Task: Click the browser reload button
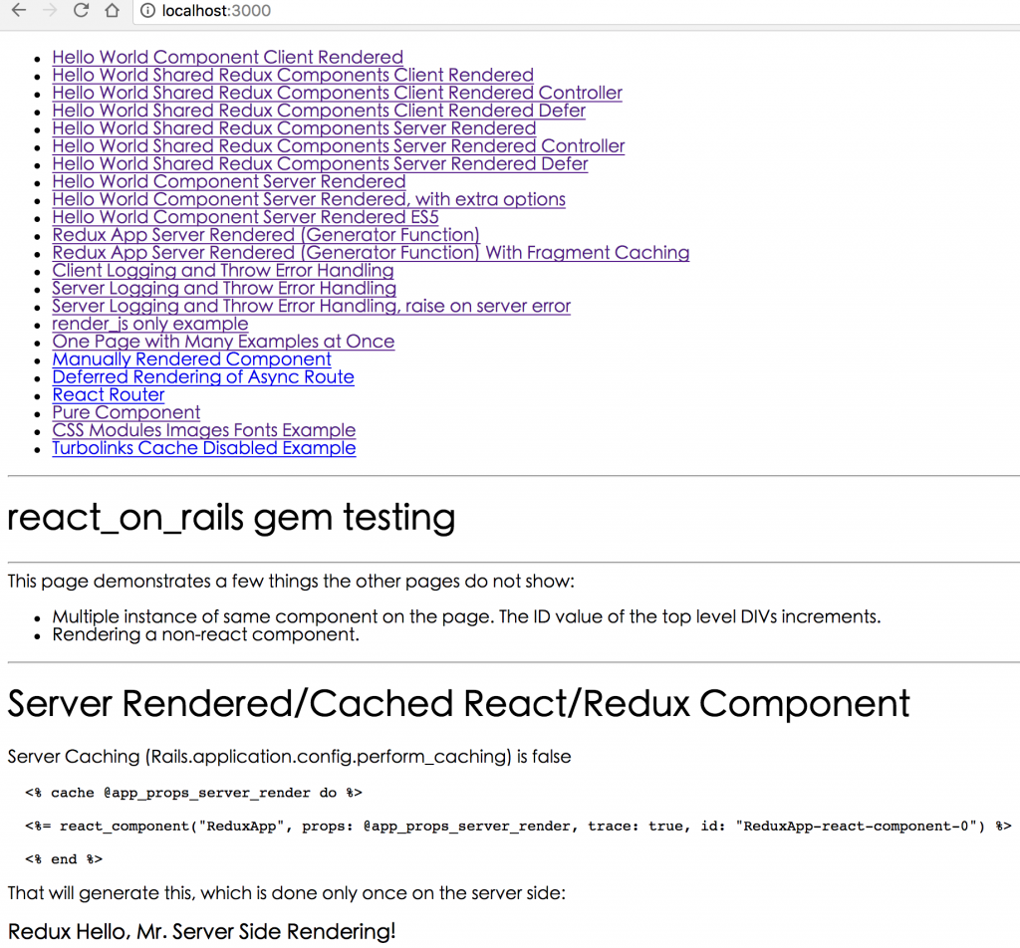(x=81, y=10)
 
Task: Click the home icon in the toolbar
(x=112, y=10)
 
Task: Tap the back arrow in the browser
(x=19, y=10)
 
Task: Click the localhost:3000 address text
(x=216, y=10)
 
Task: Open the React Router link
(x=108, y=394)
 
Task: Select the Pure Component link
(x=127, y=412)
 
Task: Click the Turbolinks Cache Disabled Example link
(x=204, y=448)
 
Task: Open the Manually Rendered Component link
(x=192, y=358)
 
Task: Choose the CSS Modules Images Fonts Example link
(x=203, y=430)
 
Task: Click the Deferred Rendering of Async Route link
(x=203, y=377)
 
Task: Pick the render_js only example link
(x=150, y=324)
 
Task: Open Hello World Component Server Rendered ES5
(x=245, y=217)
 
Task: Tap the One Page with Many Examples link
(x=223, y=342)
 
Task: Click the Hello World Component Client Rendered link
(x=228, y=57)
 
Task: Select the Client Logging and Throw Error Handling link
(x=223, y=271)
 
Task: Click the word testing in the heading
(x=398, y=518)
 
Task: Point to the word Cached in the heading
(x=381, y=703)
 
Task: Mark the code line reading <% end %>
(x=64, y=859)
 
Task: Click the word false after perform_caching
(x=551, y=756)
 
